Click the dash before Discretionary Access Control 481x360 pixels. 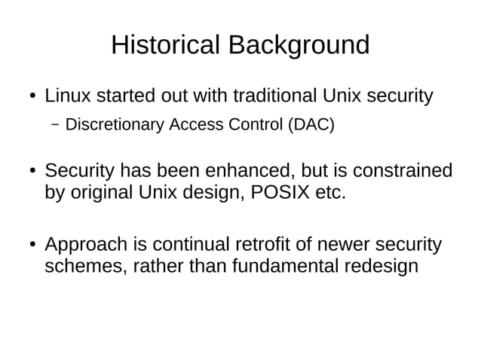pyautogui.click(x=55, y=124)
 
